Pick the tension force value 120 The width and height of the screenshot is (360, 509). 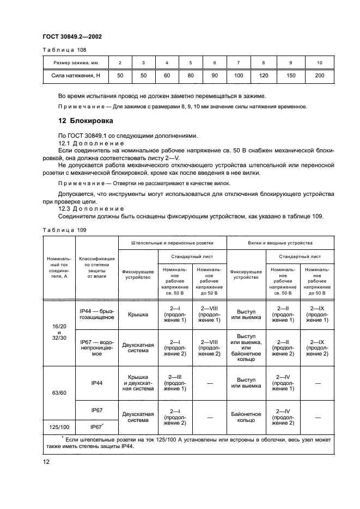(x=263, y=75)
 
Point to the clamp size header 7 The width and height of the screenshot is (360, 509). (x=239, y=63)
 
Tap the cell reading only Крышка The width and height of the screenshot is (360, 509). (x=138, y=314)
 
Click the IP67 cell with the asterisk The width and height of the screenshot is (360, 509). (x=97, y=427)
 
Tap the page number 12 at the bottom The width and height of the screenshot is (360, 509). (x=47, y=462)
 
